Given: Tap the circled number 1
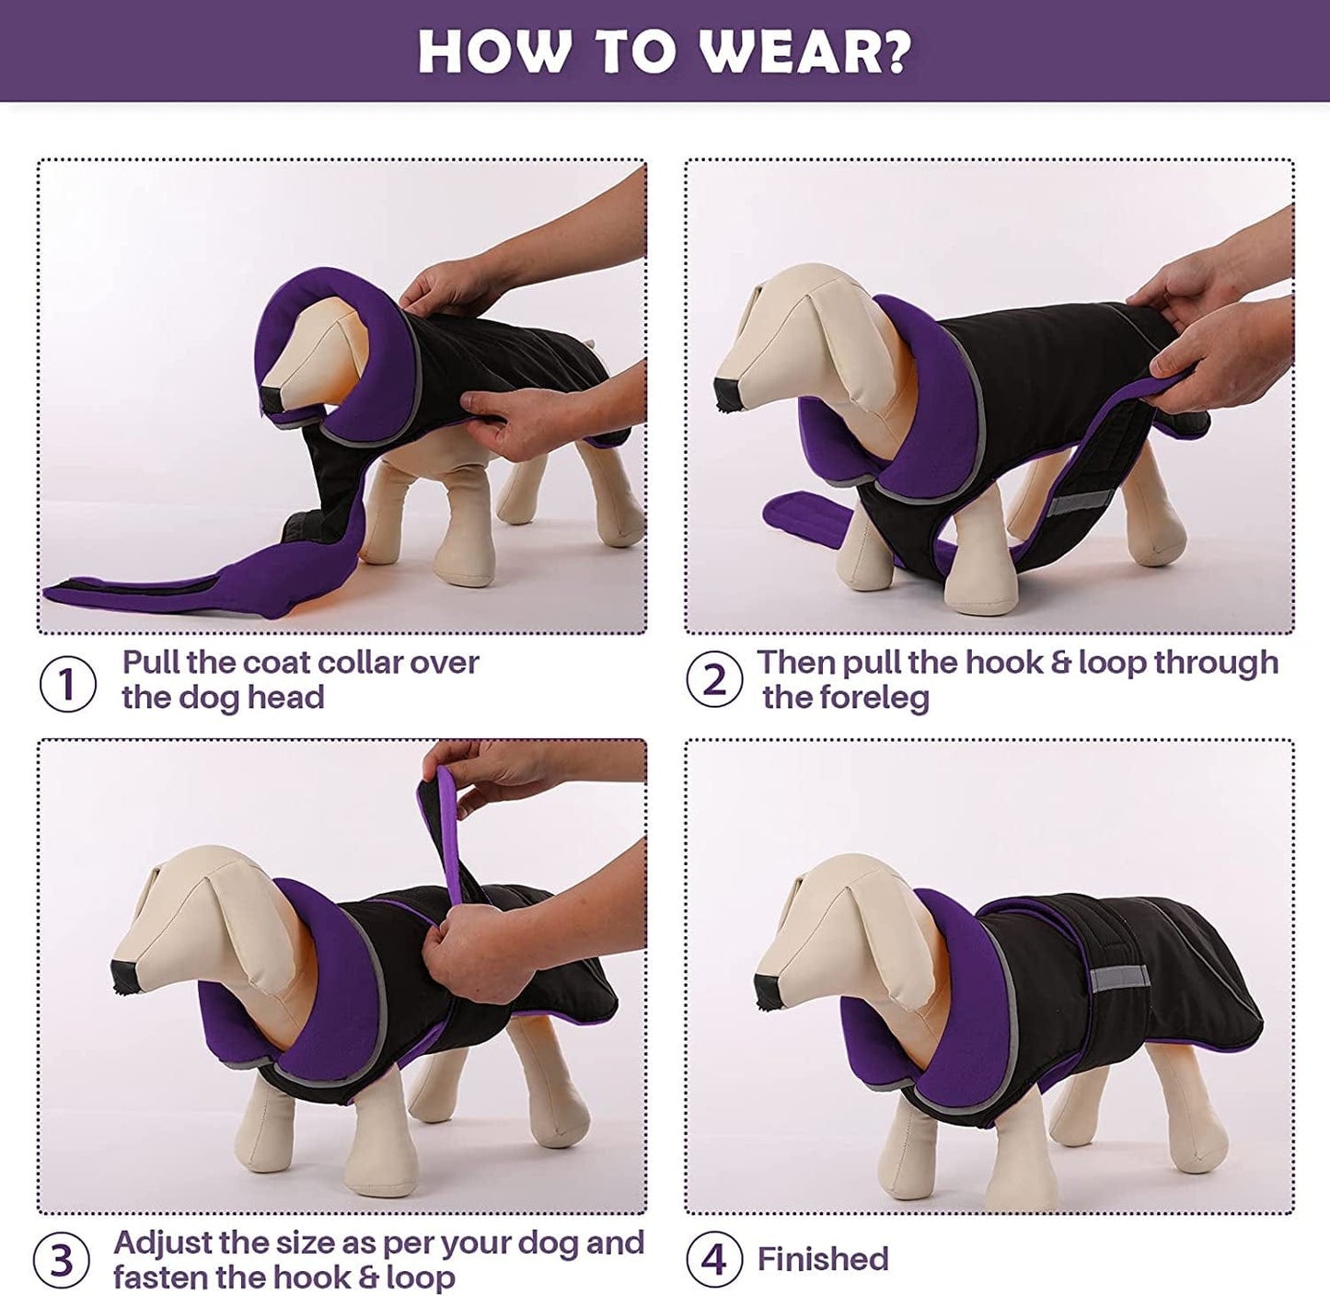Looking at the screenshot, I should coord(67,684).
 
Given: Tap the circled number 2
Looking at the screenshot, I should coord(714,680).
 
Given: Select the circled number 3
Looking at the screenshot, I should coord(61,1261).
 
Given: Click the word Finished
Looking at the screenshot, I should coord(823,1259).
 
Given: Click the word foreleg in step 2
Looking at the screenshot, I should coord(846,698).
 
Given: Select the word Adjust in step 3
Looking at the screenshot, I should coord(166,1243).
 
